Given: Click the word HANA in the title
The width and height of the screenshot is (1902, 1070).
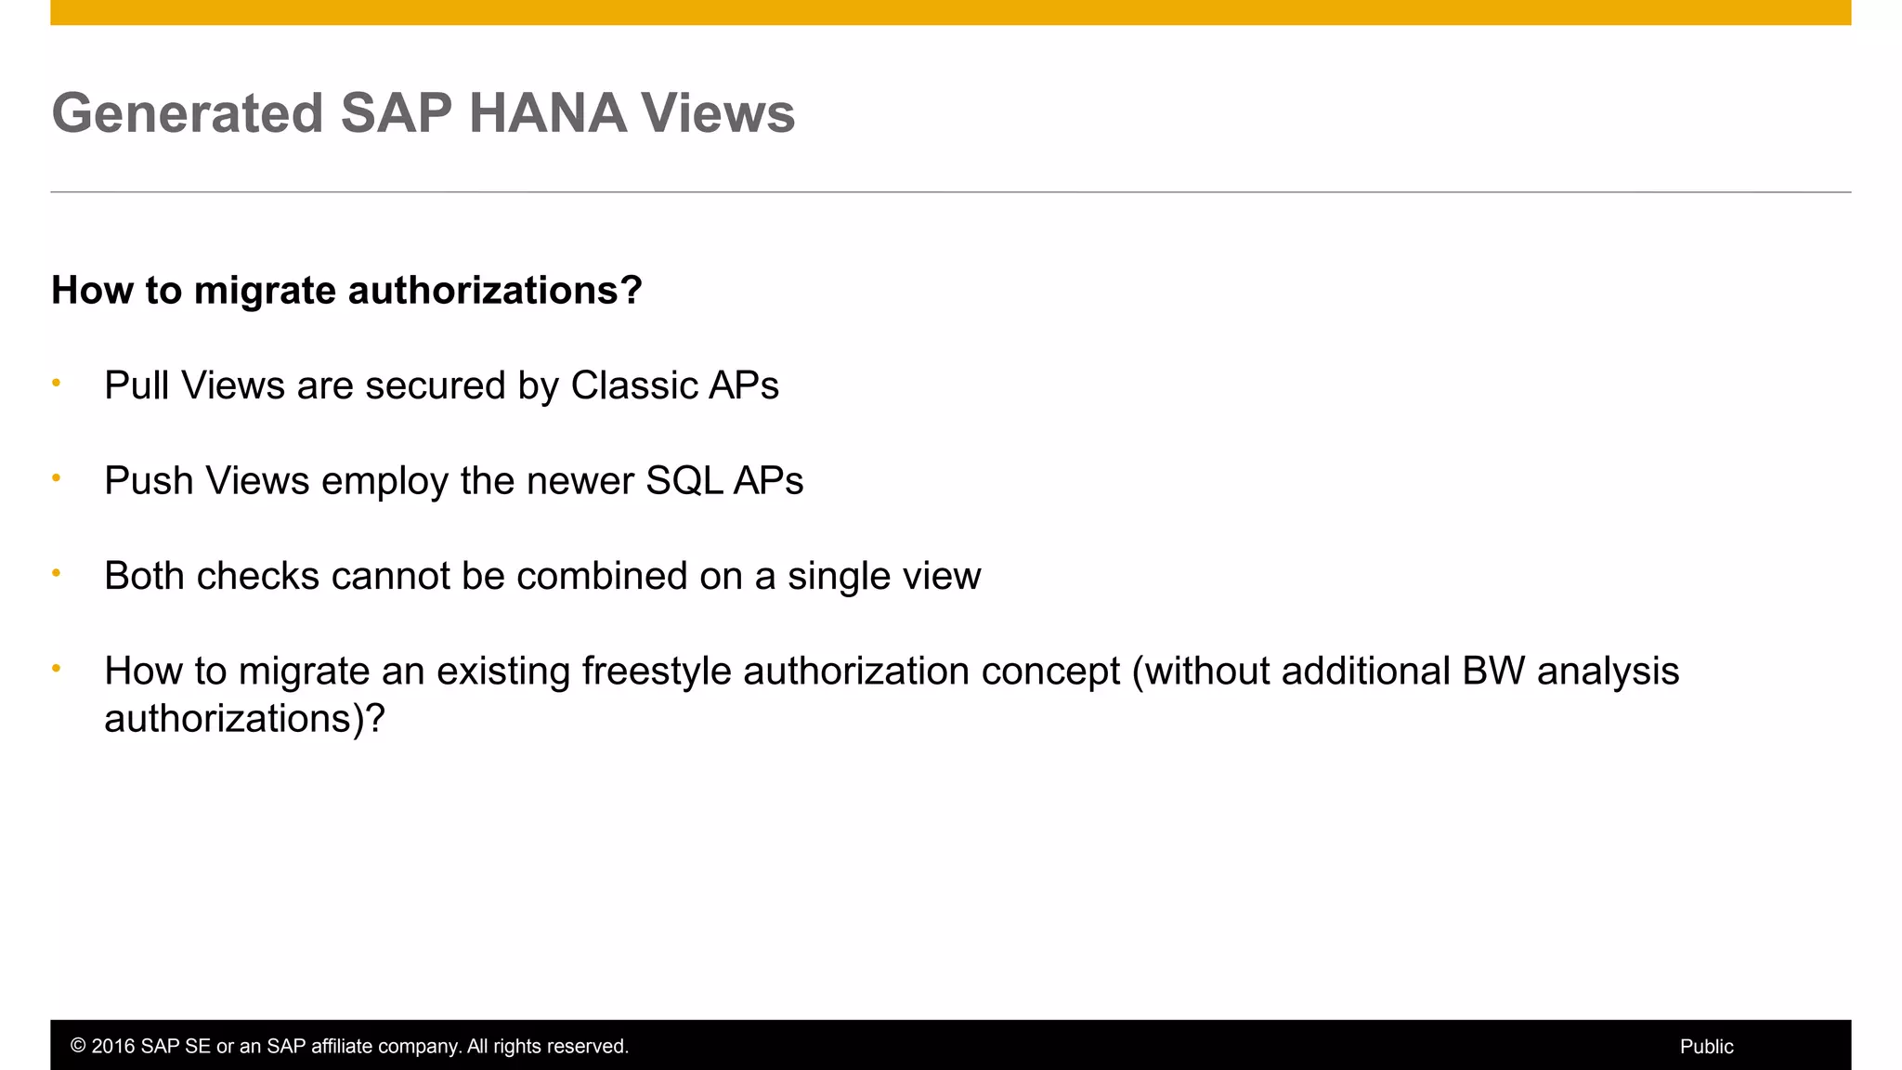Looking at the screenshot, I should [547, 113].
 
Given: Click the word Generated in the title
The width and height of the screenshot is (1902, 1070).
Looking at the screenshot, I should [187, 113].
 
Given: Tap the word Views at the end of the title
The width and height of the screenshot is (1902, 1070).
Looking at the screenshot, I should [718, 113].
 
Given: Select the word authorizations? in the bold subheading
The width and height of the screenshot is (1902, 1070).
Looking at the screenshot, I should [495, 291].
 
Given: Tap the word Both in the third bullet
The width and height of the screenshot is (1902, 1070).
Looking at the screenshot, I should [144, 576].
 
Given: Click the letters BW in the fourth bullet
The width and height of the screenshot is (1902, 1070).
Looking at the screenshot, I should [1492, 672].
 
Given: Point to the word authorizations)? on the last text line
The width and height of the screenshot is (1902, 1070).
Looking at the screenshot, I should [244, 719].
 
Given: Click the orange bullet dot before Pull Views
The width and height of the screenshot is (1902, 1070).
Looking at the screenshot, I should [57, 383].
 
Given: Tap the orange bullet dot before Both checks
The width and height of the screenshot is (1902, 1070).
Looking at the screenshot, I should [57, 573].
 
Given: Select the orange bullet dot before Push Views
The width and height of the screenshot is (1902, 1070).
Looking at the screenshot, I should [57, 477].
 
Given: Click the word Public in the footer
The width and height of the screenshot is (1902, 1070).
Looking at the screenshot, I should [1706, 1047].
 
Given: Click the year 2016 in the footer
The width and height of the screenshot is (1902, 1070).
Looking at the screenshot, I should [113, 1047].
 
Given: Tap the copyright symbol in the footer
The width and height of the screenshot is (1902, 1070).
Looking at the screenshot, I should [78, 1047].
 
